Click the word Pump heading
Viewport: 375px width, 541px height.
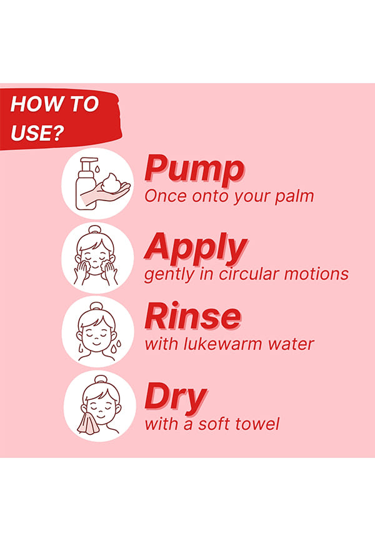(194, 169)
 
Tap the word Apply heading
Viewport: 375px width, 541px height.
(196, 248)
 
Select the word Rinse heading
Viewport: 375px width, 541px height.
(192, 317)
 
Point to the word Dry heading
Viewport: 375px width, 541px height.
(176, 397)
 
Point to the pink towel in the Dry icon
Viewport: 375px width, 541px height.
(88, 423)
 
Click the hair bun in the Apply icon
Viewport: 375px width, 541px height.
(94, 229)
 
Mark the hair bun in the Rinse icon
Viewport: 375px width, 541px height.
(96, 306)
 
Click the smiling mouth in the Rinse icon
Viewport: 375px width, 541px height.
(96, 344)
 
